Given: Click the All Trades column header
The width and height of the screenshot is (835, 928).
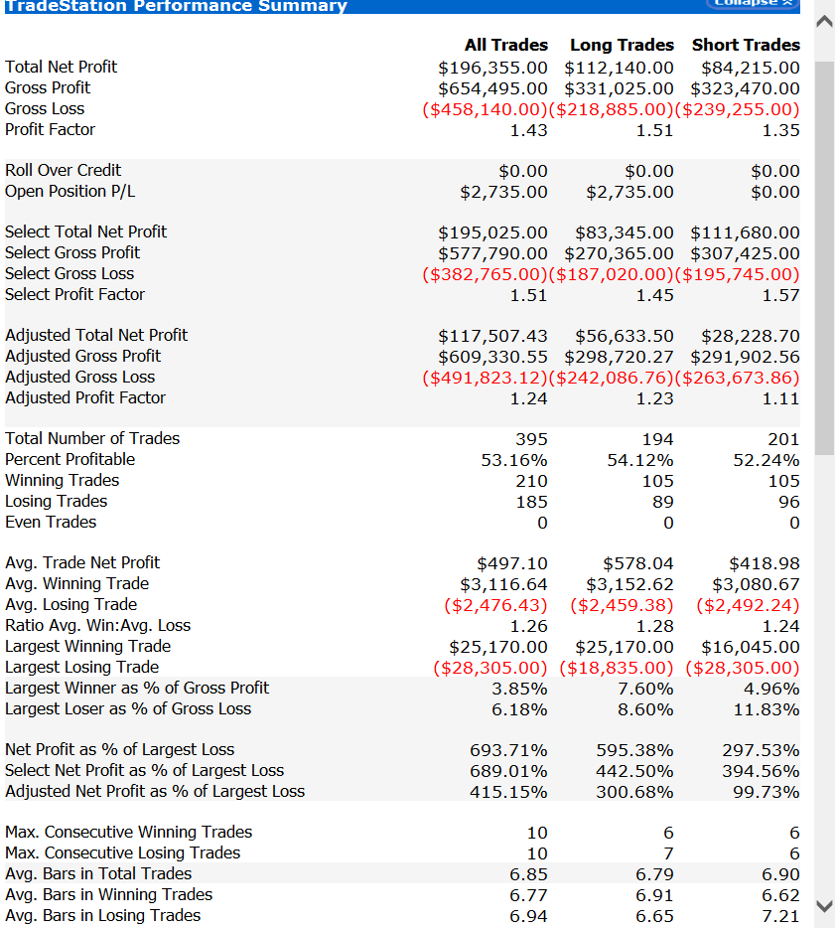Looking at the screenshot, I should (505, 45).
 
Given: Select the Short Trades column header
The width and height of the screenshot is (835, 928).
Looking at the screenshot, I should (746, 45).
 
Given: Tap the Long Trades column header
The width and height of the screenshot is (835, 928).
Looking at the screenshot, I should (622, 45).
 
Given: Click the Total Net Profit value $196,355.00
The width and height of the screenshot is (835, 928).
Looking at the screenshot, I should (492, 68).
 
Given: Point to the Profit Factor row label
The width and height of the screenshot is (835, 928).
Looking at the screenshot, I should (51, 129).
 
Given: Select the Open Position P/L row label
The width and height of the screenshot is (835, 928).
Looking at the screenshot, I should (70, 191).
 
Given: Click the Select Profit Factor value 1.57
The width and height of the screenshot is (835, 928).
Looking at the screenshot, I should (780, 295).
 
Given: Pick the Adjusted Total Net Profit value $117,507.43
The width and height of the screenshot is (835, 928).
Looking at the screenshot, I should (492, 337).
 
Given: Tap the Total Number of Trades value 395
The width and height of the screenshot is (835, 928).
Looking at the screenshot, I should (531, 439).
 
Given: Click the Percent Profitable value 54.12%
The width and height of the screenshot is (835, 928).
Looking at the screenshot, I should (640, 460).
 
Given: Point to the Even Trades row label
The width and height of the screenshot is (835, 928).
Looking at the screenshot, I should (51, 522).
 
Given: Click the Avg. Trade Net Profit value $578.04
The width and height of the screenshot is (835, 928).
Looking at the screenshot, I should (637, 563).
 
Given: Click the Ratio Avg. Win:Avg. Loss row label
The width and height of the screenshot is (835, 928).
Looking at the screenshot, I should (97, 625).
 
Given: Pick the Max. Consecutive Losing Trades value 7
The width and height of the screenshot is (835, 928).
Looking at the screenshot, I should (668, 853).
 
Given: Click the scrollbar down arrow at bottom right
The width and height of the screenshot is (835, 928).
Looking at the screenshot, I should (824, 905).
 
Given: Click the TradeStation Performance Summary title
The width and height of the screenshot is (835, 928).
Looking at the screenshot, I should (176, 6).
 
